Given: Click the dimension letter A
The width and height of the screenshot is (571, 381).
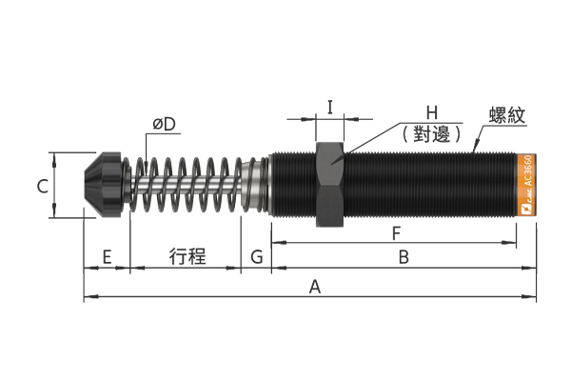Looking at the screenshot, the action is [x=315, y=286].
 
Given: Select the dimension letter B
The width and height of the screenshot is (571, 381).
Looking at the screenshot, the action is [x=404, y=257].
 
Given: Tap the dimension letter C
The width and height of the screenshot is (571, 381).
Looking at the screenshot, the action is [x=43, y=187].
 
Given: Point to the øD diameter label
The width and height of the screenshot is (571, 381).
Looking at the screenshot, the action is [x=165, y=125].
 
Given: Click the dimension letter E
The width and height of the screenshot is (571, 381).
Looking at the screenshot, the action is [x=107, y=257].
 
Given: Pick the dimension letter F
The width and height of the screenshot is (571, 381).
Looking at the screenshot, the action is [x=396, y=233].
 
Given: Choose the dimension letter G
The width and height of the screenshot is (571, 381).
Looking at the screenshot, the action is [x=257, y=257].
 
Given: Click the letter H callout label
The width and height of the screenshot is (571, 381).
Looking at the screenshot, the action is [x=432, y=113].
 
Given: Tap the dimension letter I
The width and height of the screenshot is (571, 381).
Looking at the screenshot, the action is [x=330, y=108].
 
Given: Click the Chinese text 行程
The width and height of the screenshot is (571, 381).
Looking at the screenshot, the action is [x=187, y=256].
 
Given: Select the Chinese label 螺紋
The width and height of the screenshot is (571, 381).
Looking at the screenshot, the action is [x=507, y=115].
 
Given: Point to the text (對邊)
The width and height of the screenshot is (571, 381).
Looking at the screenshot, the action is [x=432, y=134].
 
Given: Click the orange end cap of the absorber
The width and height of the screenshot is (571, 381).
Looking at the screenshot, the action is [x=526, y=185].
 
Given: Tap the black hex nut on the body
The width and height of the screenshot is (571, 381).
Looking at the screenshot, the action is [x=330, y=185].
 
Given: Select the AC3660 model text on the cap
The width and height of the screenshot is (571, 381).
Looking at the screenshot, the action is [x=529, y=171].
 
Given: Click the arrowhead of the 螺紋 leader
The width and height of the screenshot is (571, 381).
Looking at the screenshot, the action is [x=475, y=149].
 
